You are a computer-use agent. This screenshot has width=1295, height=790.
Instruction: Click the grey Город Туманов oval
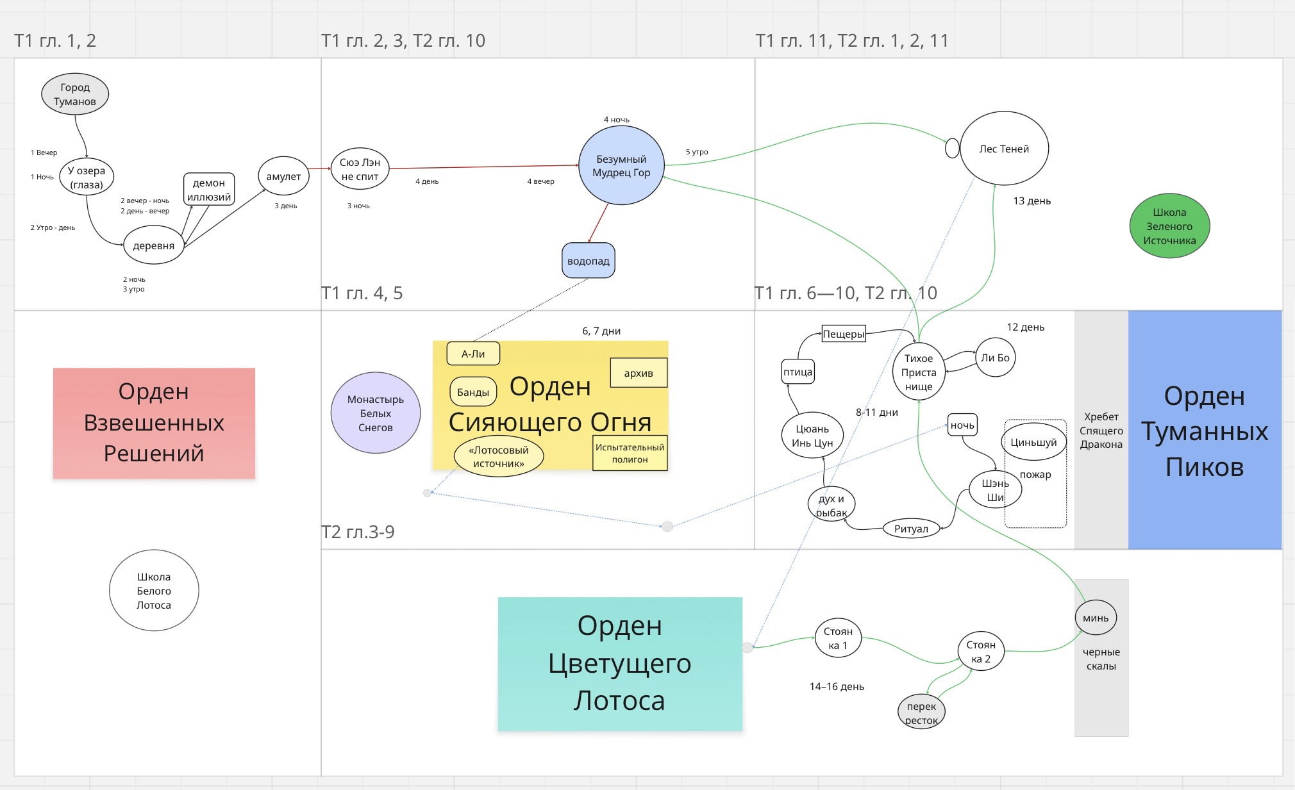[x=75, y=94]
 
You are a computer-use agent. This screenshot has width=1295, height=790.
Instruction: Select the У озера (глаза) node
[x=87, y=177]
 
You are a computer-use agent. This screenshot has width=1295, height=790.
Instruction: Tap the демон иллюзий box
[x=209, y=190]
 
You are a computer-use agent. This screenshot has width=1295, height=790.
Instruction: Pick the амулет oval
[x=283, y=176]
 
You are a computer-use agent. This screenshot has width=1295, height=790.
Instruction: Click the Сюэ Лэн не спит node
[x=360, y=169]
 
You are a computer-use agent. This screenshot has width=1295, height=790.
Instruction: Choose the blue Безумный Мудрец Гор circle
[x=621, y=165]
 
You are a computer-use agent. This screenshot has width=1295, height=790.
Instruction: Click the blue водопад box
[x=589, y=261]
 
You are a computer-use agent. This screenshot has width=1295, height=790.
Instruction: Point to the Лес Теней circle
[x=1004, y=149]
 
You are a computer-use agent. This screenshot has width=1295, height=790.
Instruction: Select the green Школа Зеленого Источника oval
[x=1169, y=226]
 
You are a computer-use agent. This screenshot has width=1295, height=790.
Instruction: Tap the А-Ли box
[x=473, y=354]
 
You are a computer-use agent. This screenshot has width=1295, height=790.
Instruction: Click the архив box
[x=639, y=373]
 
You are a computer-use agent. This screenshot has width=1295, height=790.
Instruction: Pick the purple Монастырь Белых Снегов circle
[x=376, y=413]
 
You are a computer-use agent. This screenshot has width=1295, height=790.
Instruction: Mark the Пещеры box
[x=844, y=334]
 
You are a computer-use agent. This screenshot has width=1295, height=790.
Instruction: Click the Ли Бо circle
[x=995, y=358]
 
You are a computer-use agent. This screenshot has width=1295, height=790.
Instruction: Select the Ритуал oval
[x=911, y=529]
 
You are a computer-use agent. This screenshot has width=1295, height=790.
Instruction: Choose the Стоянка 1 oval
[x=838, y=638]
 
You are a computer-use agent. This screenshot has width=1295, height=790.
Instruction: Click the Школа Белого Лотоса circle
[x=154, y=591]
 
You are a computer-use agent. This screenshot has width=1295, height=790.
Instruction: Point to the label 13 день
[x=1032, y=201]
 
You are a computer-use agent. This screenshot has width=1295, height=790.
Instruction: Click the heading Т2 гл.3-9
[x=358, y=532]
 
